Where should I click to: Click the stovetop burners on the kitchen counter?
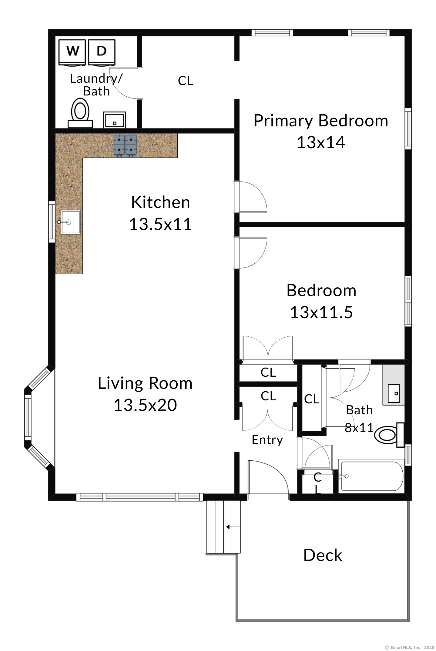coord(125,145)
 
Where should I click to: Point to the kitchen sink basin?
coord(71,222)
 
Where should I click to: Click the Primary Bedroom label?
coord(320,121)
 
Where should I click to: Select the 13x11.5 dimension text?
coord(321,312)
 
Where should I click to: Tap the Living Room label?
coord(145,383)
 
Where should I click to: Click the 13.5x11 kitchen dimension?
coord(160,224)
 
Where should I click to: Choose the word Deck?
coord(323,555)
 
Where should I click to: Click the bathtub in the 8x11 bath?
coord(371,476)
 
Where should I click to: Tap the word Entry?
coord(267,439)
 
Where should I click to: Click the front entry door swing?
coord(267,479)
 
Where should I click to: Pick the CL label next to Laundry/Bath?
coord(185,81)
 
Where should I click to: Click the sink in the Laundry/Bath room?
coord(114,120)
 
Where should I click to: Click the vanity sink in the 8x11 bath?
coord(394,393)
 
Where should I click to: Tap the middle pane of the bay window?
coord(28,417)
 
